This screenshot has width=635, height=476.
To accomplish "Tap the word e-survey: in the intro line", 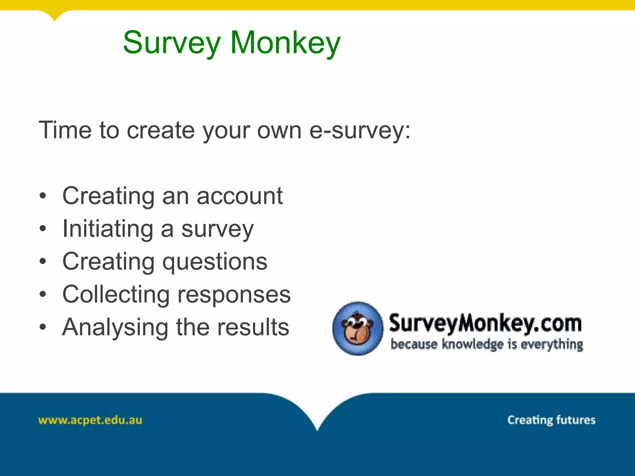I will (360, 130).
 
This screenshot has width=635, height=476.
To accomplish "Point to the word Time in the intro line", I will (65, 130).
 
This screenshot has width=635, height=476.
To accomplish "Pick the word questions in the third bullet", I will (215, 262).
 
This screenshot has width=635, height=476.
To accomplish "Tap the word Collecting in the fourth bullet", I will (116, 294).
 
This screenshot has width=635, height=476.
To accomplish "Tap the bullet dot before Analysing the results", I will (43, 327).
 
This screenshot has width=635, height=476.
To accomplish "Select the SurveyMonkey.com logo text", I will (485, 323).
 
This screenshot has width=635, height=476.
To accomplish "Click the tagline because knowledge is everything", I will (487, 345).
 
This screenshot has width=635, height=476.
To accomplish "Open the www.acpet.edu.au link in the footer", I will (90, 421).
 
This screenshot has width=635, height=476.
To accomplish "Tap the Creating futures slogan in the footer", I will (551, 420).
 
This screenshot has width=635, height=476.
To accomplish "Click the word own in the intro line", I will (279, 130).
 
